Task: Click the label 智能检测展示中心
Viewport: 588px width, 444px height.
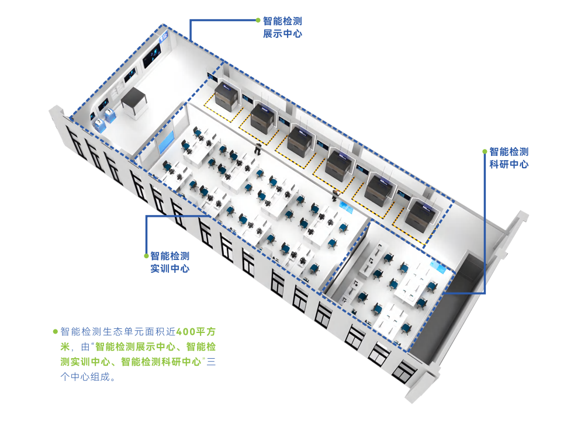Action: pos(282,27)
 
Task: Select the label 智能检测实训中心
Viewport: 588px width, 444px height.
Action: pos(170,262)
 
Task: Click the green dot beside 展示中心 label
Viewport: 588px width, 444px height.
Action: pos(258,20)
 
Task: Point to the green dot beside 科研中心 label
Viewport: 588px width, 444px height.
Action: pos(485,151)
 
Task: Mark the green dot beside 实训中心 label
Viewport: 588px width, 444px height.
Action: pos(146,256)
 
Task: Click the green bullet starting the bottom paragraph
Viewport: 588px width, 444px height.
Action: pos(56,331)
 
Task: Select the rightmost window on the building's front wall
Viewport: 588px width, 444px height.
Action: pos(403,369)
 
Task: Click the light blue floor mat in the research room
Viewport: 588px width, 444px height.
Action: pos(437,266)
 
